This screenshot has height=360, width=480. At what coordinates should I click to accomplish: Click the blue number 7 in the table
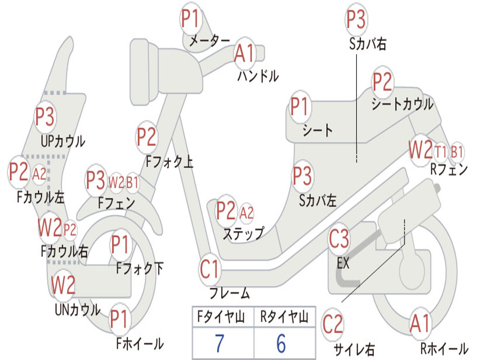(219, 343)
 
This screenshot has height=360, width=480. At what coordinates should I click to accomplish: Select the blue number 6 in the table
(281, 343)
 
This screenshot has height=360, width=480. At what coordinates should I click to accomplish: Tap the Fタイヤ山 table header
(221, 316)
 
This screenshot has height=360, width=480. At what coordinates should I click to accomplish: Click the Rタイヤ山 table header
(285, 316)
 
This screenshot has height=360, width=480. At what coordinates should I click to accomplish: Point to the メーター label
(210, 40)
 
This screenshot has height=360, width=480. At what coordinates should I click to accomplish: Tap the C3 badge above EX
(339, 239)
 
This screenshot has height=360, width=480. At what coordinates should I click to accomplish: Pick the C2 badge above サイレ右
(332, 324)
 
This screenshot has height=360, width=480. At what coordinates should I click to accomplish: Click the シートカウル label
(403, 104)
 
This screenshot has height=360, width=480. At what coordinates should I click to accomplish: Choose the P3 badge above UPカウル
(45, 117)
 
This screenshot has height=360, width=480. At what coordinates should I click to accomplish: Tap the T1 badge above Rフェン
(441, 152)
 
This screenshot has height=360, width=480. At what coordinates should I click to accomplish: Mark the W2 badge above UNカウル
(63, 285)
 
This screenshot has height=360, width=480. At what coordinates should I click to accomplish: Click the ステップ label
(244, 234)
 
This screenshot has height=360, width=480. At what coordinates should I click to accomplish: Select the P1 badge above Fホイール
(119, 319)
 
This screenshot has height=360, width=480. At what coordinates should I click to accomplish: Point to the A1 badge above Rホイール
(420, 323)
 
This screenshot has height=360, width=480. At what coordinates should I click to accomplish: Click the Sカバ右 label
(368, 44)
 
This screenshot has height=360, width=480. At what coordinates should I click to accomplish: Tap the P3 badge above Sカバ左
(302, 176)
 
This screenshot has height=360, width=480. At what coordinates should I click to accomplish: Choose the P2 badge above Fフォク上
(147, 137)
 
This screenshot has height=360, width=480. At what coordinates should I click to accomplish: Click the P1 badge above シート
(300, 106)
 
